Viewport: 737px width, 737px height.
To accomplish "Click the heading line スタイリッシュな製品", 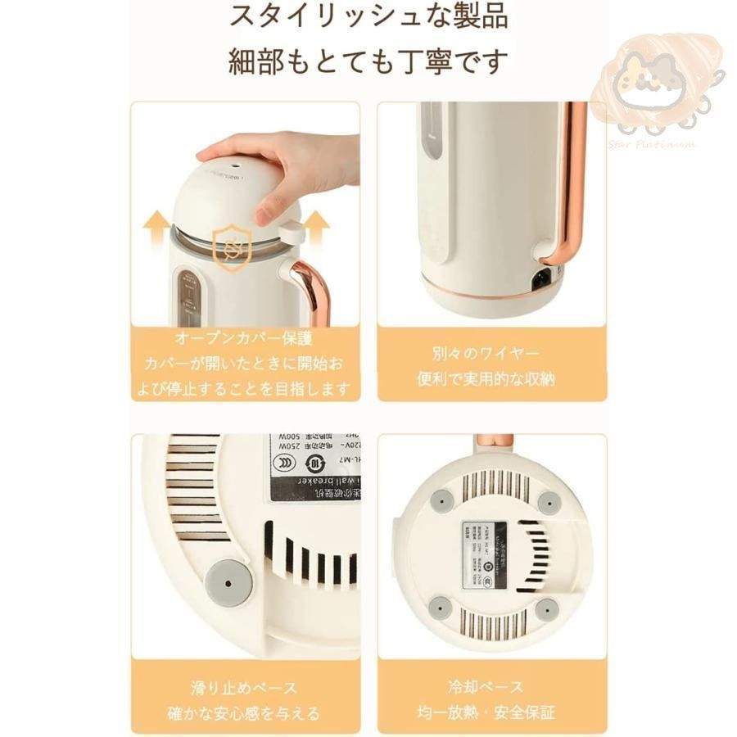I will (x=368, y=16).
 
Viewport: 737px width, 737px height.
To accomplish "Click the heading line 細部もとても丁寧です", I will (x=368, y=61).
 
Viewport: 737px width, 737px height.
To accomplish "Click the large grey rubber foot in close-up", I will (x=228, y=581).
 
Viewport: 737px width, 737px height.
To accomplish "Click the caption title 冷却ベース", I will (x=491, y=687).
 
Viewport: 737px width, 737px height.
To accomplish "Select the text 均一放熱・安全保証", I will (x=491, y=713).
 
